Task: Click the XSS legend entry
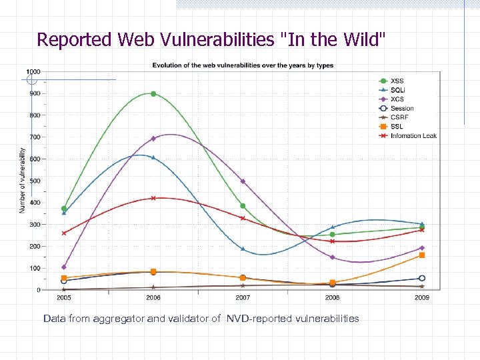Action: [x=397, y=81]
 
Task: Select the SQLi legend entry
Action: [x=397, y=90]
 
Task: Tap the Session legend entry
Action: [x=402, y=109]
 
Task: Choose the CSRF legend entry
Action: [x=399, y=117]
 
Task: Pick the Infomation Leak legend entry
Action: [x=413, y=136]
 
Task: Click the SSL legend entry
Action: [x=397, y=127]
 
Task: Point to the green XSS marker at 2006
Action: [x=153, y=94]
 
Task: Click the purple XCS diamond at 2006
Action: [x=153, y=139]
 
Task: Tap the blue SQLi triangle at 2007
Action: [x=243, y=249]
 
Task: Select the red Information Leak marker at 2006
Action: [x=153, y=198]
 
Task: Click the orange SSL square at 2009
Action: [x=422, y=255]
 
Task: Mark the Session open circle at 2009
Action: [x=422, y=279]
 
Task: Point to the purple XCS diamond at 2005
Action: [x=64, y=267]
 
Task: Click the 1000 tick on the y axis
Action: [x=33, y=71]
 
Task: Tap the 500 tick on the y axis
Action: [x=34, y=181]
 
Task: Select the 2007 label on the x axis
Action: [x=243, y=297]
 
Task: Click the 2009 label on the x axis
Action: [x=422, y=297]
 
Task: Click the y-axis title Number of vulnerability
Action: [x=22, y=181]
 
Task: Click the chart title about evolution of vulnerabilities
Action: [x=243, y=65]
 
